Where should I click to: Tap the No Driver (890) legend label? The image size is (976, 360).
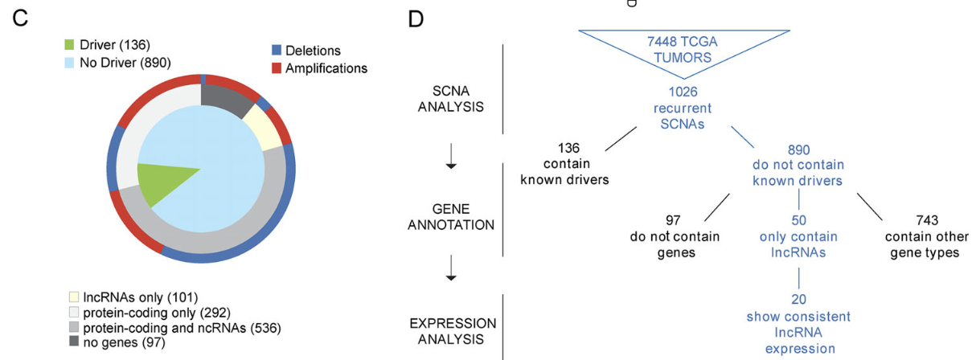(125, 62)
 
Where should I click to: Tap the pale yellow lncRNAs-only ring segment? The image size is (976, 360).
(262, 127)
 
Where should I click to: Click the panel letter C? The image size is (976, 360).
(20, 18)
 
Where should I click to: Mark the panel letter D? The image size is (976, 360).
(415, 18)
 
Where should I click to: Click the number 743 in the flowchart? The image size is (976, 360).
(921, 220)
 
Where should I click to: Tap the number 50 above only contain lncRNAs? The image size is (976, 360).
(798, 220)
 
